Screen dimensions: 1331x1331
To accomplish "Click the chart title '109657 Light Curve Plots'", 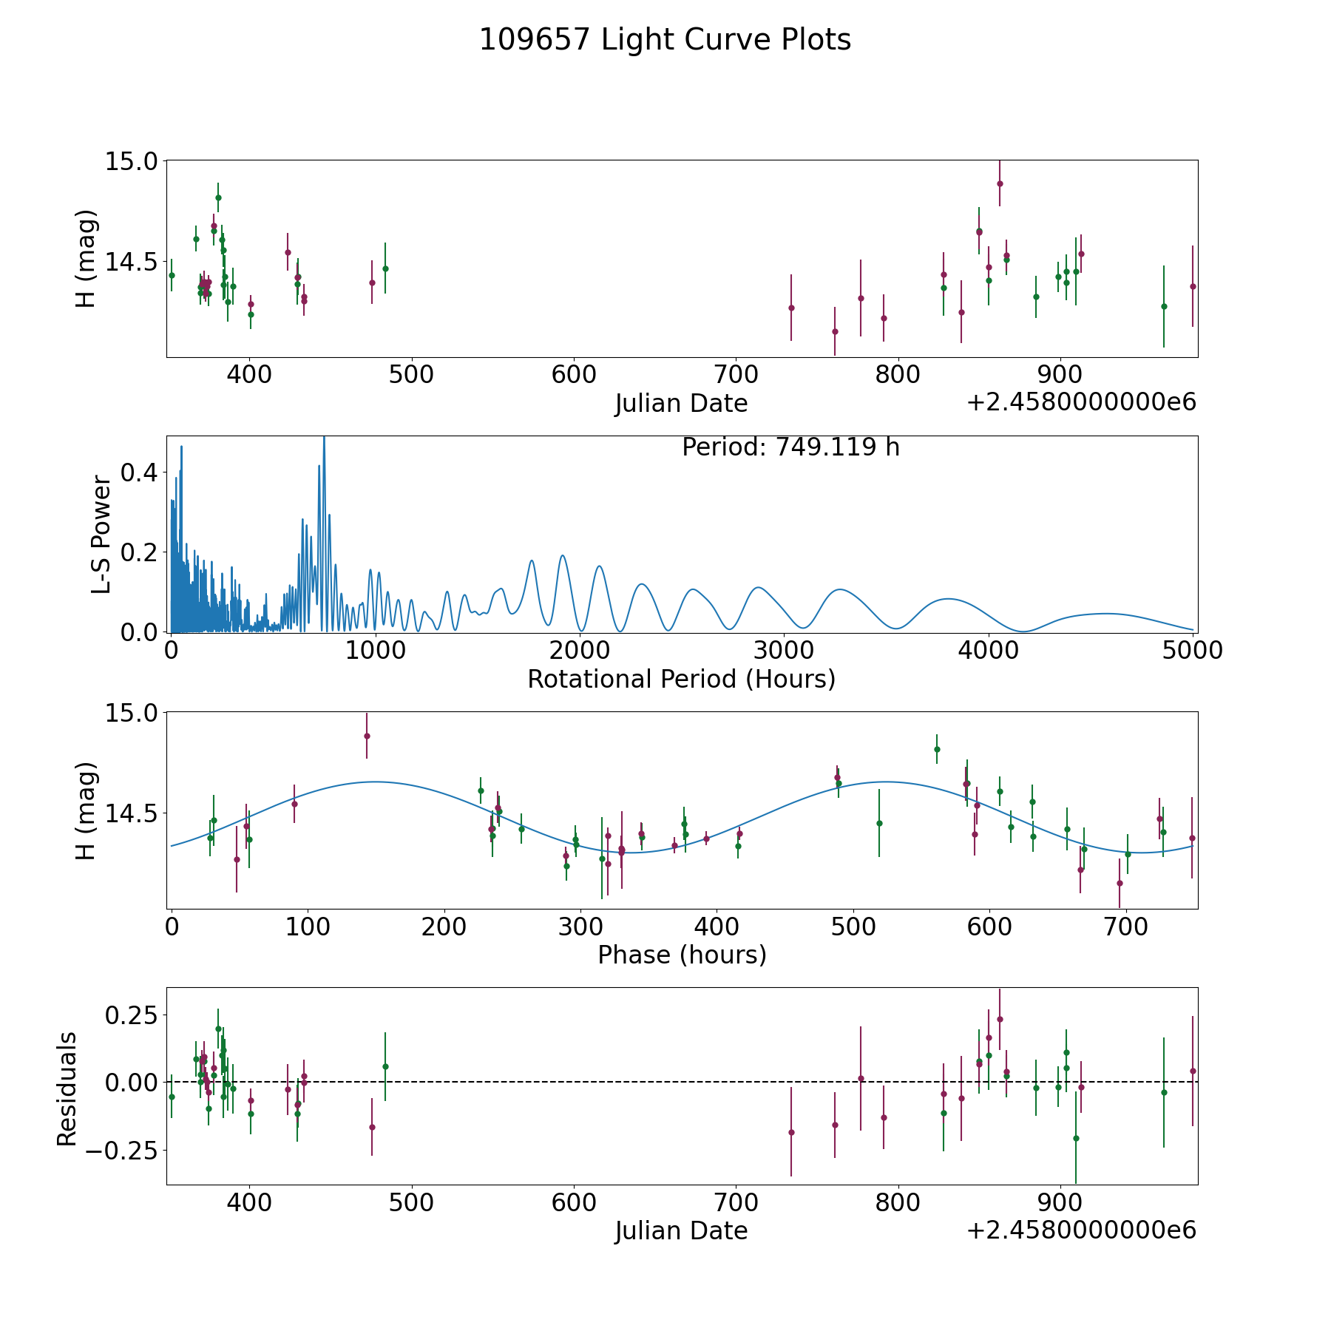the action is click(x=665, y=40).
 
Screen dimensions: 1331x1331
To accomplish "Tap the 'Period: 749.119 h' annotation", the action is click(x=790, y=447).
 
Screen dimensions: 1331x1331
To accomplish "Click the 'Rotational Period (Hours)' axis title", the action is click(x=681, y=679).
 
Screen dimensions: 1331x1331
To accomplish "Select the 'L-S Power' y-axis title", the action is click(x=101, y=535).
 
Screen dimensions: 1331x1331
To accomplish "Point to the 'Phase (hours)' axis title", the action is click(x=682, y=955).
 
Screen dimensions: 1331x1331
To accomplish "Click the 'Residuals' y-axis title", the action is click(x=67, y=1088).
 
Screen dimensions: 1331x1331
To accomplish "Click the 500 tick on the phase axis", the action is click(x=853, y=927).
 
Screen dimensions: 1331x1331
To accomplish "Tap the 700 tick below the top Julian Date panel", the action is click(x=736, y=375).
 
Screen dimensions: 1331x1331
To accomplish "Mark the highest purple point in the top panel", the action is click(x=1000, y=183).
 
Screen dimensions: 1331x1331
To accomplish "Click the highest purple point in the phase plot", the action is click(x=367, y=736).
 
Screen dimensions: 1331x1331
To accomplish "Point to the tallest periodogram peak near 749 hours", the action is click(x=324, y=438).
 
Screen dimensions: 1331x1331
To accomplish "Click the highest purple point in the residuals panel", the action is click(x=1000, y=1019).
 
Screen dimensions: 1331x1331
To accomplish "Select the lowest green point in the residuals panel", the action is click(x=1076, y=1138).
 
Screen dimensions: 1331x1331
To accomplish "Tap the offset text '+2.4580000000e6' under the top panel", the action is click(x=1081, y=402).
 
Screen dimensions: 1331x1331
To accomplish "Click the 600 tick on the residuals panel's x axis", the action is click(x=574, y=1203).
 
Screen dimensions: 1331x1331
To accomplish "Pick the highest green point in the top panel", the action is click(x=218, y=197).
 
